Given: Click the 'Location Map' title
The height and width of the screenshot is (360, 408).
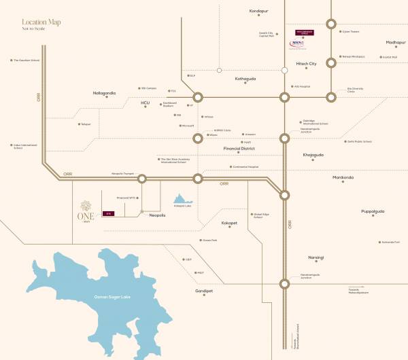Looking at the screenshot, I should (x=41, y=22).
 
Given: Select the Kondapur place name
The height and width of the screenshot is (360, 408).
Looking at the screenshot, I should (x=259, y=12).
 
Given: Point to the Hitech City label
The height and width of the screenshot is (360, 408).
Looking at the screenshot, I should (x=306, y=64).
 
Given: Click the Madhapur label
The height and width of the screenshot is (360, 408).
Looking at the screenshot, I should (x=395, y=42).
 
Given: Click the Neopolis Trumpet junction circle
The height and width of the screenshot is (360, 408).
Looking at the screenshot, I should (x=142, y=179).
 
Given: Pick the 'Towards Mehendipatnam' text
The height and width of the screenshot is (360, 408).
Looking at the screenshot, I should (x=358, y=291).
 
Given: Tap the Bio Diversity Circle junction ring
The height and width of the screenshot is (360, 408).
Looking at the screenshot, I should (x=331, y=96).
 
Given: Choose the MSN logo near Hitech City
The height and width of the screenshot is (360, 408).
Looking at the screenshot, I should (x=296, y=43).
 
